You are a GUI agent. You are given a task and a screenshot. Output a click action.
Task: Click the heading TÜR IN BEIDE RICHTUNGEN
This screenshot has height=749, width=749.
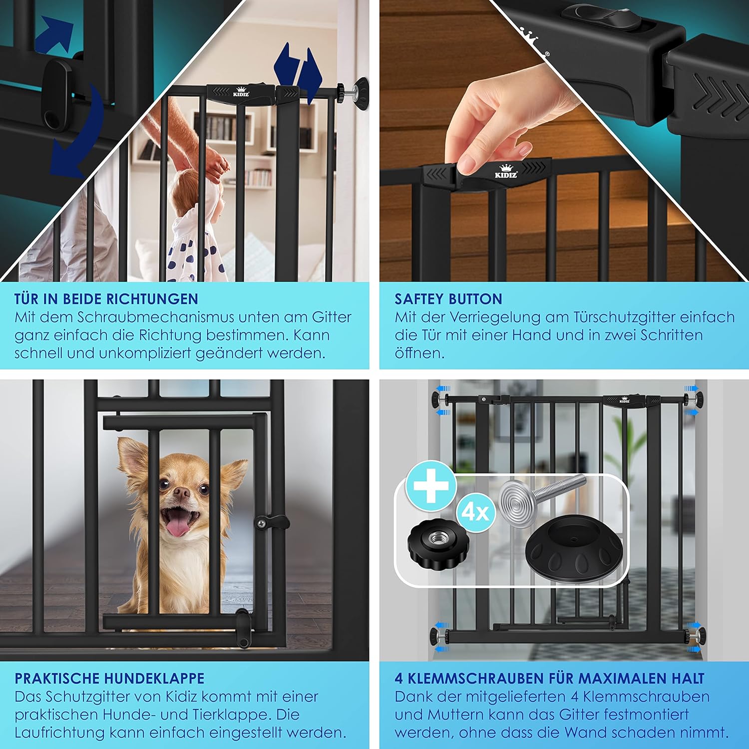(106, 299)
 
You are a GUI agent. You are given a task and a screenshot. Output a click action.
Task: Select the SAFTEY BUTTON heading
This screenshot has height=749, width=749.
(448, 299)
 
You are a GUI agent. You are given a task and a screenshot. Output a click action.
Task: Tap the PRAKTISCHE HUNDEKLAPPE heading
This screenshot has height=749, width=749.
(109, 679)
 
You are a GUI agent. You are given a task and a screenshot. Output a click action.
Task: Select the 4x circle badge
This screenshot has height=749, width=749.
(475, 512)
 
